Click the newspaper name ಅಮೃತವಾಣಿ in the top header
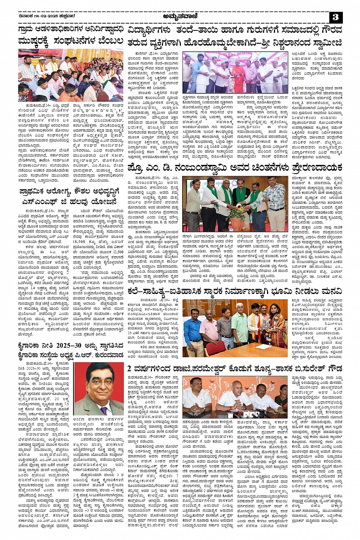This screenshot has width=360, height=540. tap(179, 16)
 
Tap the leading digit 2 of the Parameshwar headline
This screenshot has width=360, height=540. tap(129, 369)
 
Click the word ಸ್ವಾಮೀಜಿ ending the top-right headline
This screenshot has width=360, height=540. tap(325, 42)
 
